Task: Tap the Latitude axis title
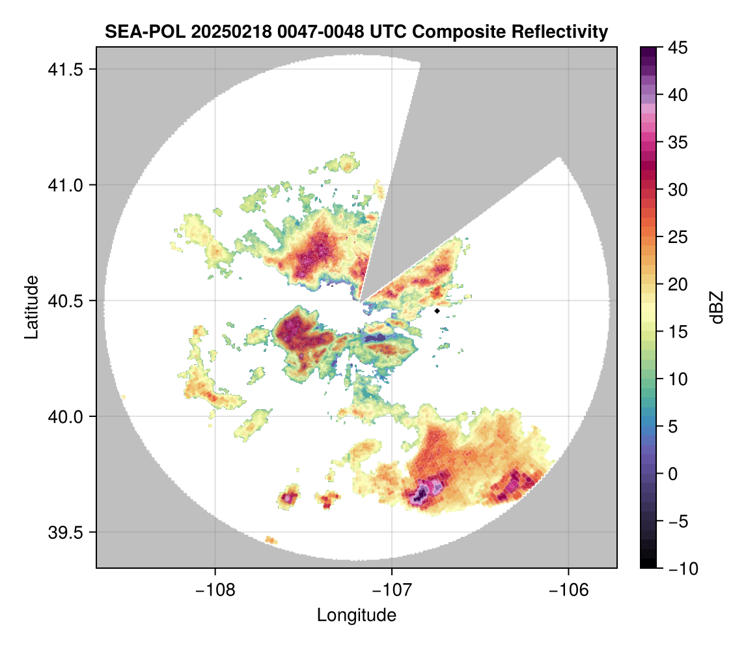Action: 31,307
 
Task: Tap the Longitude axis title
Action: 357,614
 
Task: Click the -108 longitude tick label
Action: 215,590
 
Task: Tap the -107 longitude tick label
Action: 392,590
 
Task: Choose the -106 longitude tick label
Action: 569,590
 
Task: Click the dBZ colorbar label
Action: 717,307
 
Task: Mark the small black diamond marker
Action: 437,311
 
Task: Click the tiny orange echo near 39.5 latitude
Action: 271,539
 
